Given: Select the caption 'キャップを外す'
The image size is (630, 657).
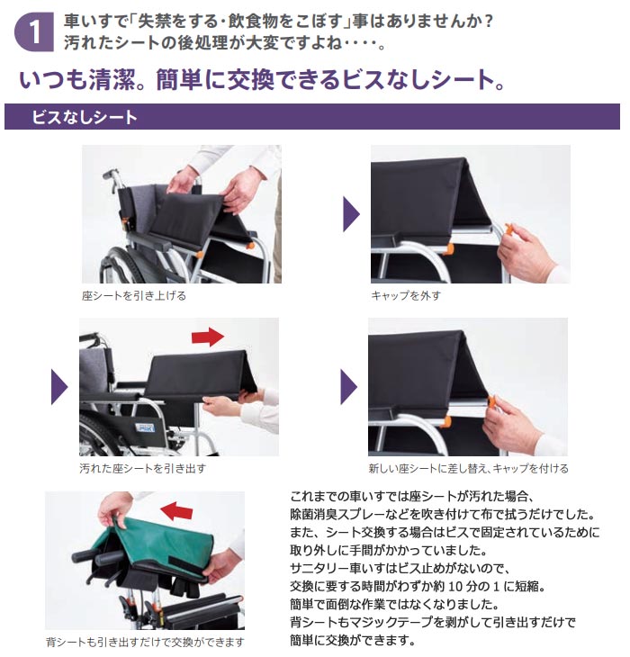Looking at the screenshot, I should [x=406, y=294].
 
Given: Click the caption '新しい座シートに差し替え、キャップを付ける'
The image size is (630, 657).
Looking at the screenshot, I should [x=468, y=468].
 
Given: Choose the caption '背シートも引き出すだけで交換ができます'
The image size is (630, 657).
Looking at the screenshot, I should [x=145, y=642].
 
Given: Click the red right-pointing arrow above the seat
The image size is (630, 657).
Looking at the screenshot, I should [x=208, y=337].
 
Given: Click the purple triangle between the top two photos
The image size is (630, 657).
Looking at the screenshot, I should [x=351, y=214].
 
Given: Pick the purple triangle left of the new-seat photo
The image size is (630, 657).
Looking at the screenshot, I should [x=349, y=387].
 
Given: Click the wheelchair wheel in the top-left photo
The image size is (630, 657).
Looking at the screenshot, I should [x=121, y=261].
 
